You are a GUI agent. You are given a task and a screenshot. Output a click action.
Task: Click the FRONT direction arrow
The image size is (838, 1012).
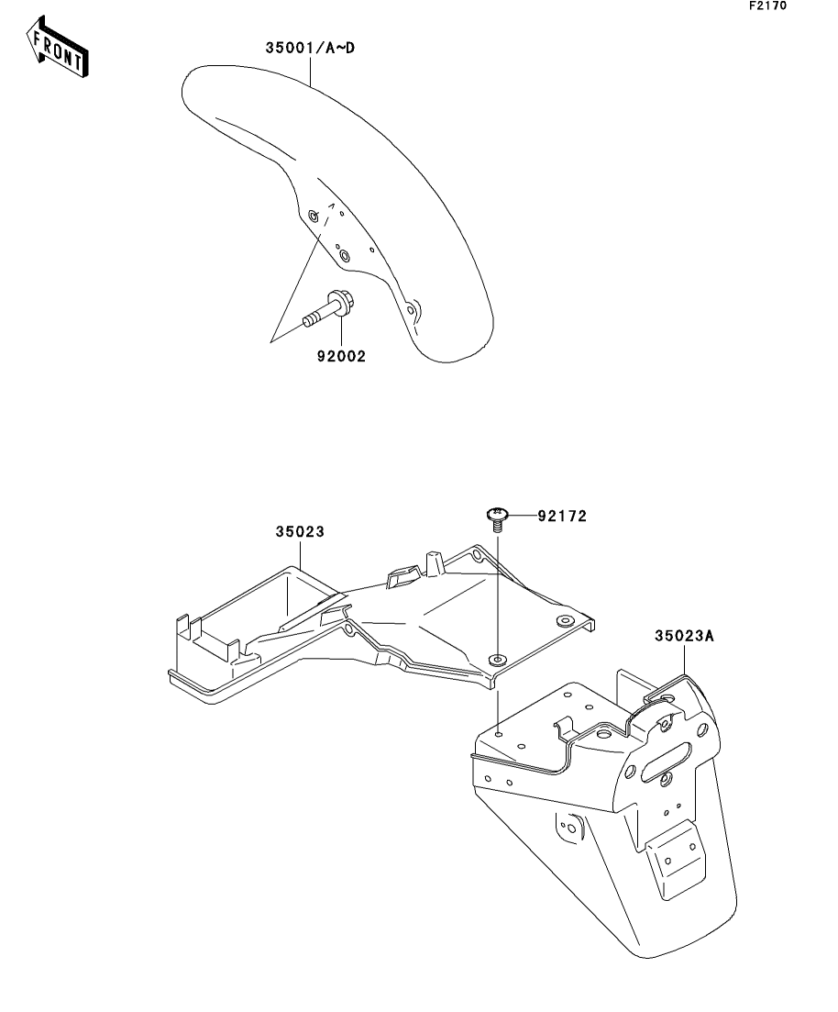57,47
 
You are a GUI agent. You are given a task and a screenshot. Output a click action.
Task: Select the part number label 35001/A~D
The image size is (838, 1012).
310,48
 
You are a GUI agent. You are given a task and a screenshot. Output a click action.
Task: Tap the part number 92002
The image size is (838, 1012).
341,356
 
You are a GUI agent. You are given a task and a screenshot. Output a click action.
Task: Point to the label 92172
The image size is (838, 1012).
563,516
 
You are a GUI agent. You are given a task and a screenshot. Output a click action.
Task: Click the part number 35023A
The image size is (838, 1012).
684,636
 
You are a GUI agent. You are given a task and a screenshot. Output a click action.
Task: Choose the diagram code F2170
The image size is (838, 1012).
767,6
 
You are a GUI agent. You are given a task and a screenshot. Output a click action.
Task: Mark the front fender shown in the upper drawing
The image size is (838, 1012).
336,213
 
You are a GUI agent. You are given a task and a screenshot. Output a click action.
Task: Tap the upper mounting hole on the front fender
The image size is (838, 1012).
314,216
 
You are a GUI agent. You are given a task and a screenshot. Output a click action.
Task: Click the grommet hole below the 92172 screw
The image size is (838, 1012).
497,659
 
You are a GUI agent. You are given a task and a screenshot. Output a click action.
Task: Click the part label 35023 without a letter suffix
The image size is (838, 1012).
300,532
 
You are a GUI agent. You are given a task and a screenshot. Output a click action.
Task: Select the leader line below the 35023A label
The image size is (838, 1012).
684,660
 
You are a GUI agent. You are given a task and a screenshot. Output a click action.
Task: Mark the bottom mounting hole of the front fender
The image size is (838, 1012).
412,310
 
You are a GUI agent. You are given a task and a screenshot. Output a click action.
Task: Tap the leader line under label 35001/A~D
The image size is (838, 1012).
310,71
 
